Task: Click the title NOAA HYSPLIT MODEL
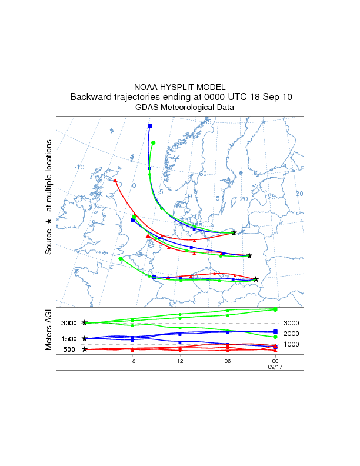(179, 86)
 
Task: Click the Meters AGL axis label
(49, 331)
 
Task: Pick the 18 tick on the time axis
(132, 361)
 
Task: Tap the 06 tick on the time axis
(227, 361)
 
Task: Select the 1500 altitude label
(69, 339)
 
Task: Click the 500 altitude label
(69, 349)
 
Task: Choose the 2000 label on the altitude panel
(291, 333)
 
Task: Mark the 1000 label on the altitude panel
(291, 344)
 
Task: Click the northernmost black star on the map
(234, 233)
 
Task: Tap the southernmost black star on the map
(256, 279)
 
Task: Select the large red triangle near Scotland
(115, 181)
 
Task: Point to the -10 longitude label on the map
(79, 167)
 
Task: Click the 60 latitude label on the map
(203, 174)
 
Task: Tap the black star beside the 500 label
(85, 349)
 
